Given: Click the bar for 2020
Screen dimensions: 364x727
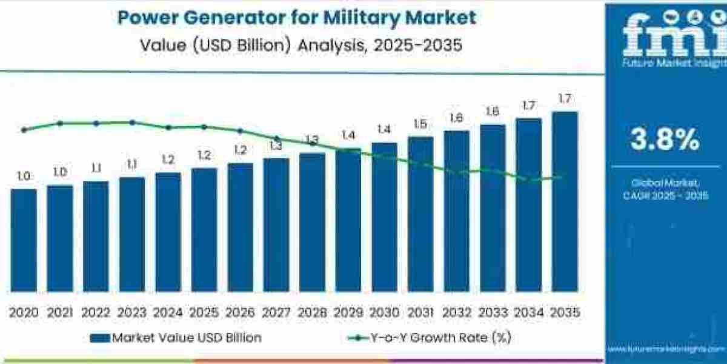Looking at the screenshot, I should click(x=24, y=240).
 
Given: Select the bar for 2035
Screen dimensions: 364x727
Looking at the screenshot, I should click(x=565, y=201).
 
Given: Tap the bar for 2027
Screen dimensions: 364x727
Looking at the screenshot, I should click(x=276, y=225).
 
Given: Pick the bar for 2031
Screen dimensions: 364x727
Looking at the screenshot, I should click(x=420, y=214).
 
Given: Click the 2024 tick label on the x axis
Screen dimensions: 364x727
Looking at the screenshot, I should click(x=168, y=312).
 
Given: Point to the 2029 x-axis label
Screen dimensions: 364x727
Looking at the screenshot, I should click(x=348, y=312).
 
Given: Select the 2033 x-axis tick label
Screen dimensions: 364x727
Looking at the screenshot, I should click(x=493, y=312).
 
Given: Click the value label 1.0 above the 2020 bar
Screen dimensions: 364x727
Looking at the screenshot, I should click(x=24, y=177).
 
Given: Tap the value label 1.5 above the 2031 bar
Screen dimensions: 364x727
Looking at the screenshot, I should click(x=420, y=124).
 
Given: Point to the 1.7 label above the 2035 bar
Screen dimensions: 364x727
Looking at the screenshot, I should click(x=565, y=99).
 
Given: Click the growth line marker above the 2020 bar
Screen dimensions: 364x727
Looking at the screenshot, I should click(x=24, y=130).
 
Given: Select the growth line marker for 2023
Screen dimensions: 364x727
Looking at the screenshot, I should click(x=132, y=123).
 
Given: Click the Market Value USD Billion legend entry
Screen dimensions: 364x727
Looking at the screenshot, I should click(x=176, y=338).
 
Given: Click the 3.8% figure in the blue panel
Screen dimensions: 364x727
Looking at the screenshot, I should click(x=665, y=140).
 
